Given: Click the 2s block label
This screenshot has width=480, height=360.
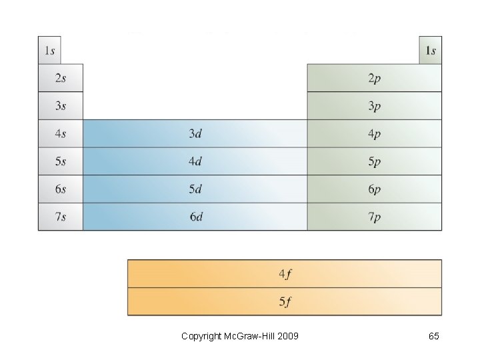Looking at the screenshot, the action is (x=61, y=78).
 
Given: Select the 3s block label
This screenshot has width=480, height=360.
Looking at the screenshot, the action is (x=61, y=106).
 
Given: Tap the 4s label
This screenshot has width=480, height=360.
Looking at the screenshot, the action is (x=61, y=133).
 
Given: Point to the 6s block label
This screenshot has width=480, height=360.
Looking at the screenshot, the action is (x=61, y=189).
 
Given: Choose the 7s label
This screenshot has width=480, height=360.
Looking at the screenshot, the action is (x=61, y=217).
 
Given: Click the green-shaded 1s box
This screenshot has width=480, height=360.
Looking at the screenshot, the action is (x=431, y=51).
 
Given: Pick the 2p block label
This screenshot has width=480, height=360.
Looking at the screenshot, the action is (x=375, y=78).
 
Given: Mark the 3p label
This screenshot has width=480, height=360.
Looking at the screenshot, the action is (x=375, y=106).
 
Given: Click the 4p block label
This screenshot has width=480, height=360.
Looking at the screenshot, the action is (x=375, y=133).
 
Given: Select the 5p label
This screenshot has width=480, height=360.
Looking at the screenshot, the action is (x=375, y=161).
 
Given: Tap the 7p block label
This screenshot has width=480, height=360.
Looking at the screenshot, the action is (x=375, y=217).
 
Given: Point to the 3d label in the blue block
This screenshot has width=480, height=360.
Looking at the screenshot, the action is (x=195, y=133).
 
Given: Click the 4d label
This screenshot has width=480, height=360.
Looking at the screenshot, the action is (x=195, y=161).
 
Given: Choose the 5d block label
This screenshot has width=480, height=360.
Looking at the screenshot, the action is (x=195, y=189).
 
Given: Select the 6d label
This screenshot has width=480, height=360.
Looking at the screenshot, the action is (x=195, y=217).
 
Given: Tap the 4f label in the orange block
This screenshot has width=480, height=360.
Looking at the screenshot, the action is (x=285, y=273).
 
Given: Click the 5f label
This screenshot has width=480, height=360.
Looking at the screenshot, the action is (x=285, y=301).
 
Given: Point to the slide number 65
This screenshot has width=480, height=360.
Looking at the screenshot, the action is (x=433, y=336).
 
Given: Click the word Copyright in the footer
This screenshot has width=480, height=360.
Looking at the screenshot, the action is (x=201, y=336).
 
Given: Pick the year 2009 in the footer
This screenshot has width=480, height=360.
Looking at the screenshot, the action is (x=287, y=336).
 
